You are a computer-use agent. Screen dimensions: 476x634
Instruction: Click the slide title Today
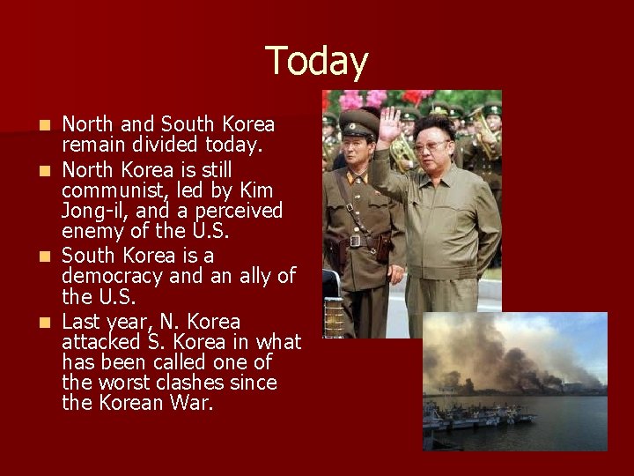(x=317, y=62)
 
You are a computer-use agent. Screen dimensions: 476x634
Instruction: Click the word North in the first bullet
(x=87, y=124)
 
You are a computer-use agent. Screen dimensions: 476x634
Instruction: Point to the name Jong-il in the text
(x=98, y=211)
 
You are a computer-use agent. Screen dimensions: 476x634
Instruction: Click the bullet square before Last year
(x=47, y=323)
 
